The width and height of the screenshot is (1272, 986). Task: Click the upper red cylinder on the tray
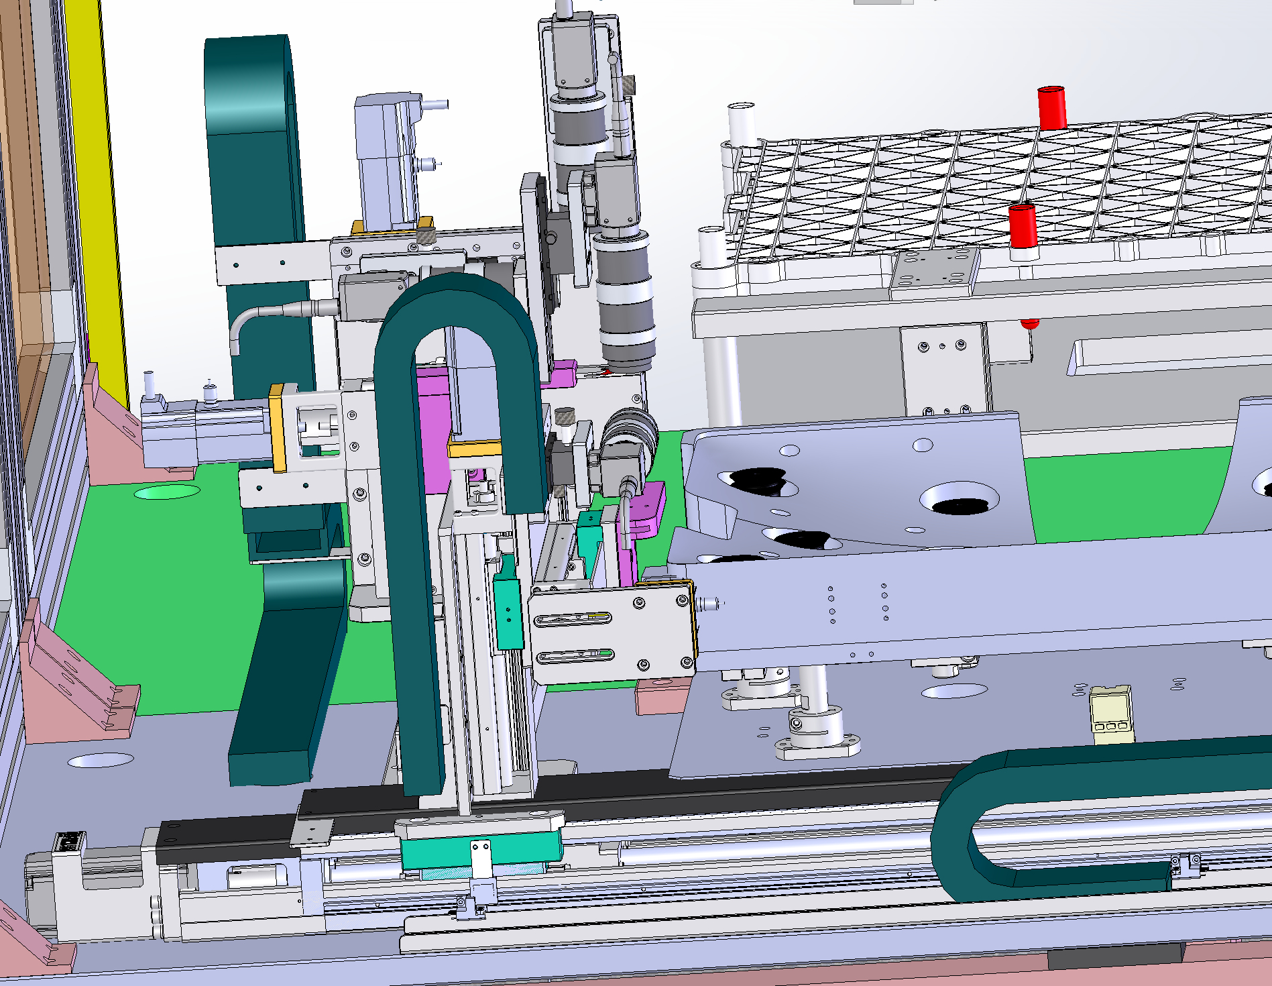(1051, 107)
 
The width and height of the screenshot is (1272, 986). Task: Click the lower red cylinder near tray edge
(1023, 227)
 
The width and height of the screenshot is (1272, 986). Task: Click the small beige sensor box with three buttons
(1111, 714)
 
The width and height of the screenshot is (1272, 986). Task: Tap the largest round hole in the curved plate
(959, 500)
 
